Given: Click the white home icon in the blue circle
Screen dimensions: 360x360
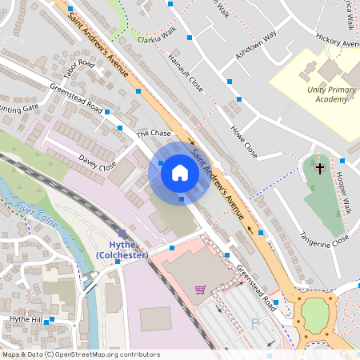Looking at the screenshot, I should tap(180, 172).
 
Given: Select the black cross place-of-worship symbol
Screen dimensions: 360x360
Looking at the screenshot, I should tap(320, 168).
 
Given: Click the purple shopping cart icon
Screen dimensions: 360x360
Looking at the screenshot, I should tap(200, 289).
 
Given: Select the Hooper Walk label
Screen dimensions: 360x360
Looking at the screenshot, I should tap(344, 192).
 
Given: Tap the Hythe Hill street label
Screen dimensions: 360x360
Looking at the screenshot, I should tap(25, 318).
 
